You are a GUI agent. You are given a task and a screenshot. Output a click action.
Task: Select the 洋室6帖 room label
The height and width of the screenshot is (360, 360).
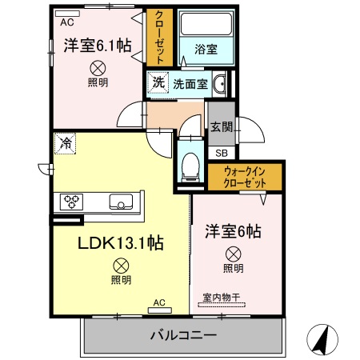[x=233, y=232]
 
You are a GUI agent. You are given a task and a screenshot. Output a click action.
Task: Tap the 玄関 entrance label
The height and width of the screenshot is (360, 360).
[x=220, y=126]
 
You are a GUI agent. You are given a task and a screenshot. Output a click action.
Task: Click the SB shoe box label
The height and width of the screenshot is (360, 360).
[x=220, y=152]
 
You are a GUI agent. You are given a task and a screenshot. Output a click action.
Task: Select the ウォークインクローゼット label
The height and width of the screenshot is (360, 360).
[x=244, y=176]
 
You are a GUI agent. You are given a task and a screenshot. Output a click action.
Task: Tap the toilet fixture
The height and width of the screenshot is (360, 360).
[x=190, y=164]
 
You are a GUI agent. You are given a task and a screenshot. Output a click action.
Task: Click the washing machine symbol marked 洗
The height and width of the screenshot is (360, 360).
[x=158, y=82]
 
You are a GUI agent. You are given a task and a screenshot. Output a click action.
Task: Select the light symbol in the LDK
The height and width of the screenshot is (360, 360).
[x=121, y=265]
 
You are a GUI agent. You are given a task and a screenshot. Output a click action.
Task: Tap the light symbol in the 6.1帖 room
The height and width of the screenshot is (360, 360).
[x=97, y=70]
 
